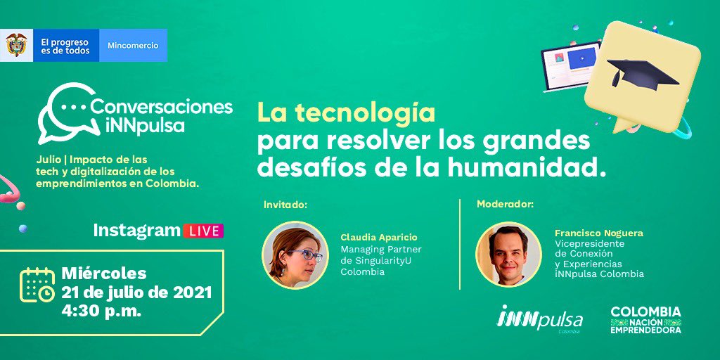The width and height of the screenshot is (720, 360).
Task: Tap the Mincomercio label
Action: click(x=133, y=46)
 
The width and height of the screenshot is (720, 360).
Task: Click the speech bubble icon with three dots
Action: click(x=65, y=112)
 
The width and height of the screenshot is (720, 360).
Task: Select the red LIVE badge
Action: click(x=202, y=231)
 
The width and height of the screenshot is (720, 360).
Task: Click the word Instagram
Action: click(x=136, y=231)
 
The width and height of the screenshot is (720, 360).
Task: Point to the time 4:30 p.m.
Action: click(x=101, y=310)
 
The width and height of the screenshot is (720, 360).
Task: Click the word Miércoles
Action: click(x=104, y=273)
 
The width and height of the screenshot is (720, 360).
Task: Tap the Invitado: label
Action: click(x=285, y=205)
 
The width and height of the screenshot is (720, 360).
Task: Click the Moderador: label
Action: click(x=505, y=205)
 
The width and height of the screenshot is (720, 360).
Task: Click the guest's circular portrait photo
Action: click(x=295, y=255)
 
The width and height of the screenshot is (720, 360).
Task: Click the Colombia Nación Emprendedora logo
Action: click(x=645, y=320)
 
